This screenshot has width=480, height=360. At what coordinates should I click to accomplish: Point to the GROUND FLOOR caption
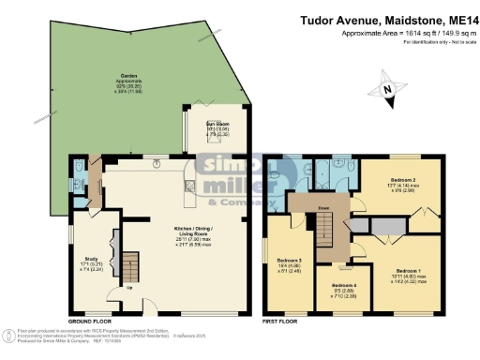tap(91, 319)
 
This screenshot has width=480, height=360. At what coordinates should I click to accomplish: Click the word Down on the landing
tap(322, 209)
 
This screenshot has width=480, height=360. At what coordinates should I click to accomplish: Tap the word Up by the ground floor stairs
tap(128, 288)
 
